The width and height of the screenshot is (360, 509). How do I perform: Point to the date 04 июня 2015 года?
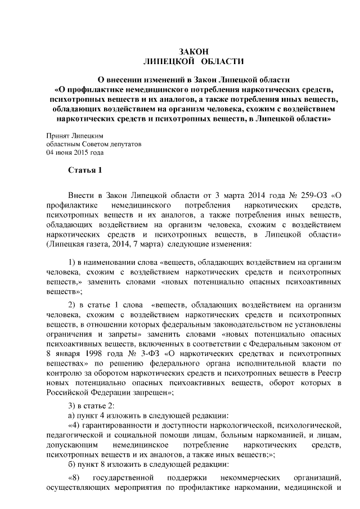click(75, 152)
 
